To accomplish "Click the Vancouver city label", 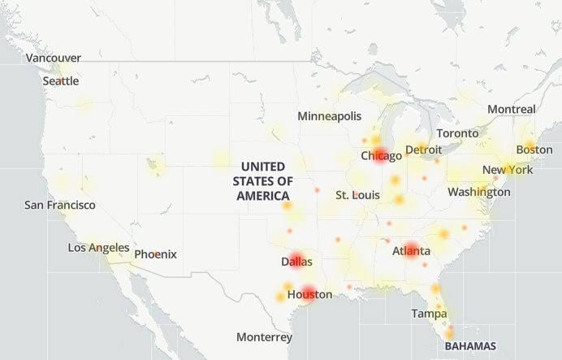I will pos(54,58).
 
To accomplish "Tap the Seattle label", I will pos(61,80).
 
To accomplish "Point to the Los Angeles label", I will pos(98,247).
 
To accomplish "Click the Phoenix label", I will pos(155,254).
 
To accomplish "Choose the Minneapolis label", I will pos(329,116).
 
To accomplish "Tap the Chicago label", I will pos(381,155).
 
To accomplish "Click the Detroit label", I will pos(424,150).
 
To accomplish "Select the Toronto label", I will pos(458,133).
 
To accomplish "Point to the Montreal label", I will pos(512,109).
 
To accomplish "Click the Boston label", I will pos(534,150).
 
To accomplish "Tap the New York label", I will pos(508,170).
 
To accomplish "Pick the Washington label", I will pos(479,192).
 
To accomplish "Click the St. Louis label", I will pos(357,196).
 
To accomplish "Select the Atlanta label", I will pos(411,251).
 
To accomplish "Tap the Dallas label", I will pos(296,262).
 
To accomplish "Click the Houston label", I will pos(310,294).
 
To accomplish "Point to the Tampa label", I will pos(429,313).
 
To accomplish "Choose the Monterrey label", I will pos(264,336).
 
